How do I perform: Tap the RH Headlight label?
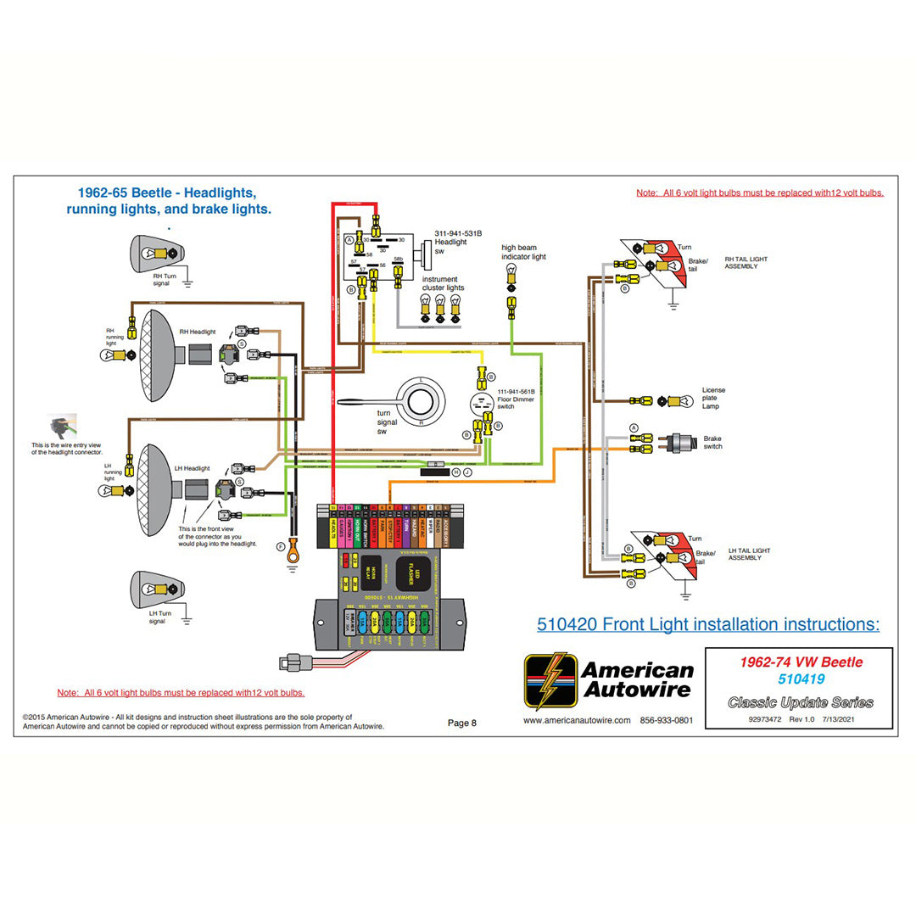coord(198,332)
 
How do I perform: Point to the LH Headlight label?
coord(193,468)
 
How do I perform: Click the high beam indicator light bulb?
coord(511,274)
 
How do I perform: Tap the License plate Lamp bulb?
coord(674,400)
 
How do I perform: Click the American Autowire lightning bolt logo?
coord(550,680)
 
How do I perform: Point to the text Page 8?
coord(462,723)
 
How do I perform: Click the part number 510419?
coord(801,679)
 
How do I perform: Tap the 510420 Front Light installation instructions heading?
coord(708,625)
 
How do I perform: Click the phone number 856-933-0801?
coord(667,721)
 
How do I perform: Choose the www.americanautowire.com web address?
coord(577,721)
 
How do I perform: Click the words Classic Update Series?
coord(801,702)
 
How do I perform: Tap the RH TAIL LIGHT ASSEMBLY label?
coord(747,263)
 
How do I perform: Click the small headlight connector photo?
coord(64,426)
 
